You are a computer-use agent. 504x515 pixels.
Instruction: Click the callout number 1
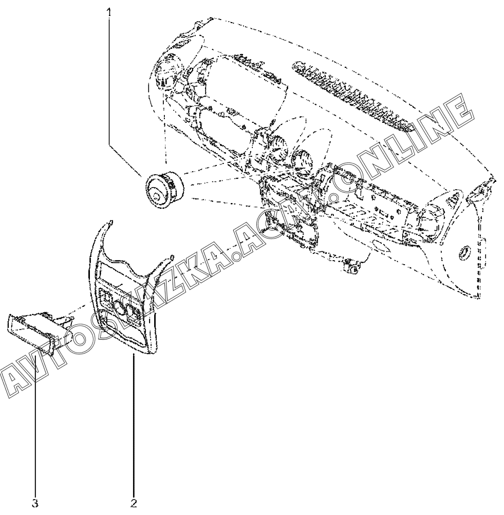[x=108, y=11]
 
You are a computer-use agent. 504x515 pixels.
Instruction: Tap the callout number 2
[x=134, y=503]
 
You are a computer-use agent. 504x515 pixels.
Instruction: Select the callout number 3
[x=35, y=503]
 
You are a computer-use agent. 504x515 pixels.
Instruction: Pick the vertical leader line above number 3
[x=35, y=421]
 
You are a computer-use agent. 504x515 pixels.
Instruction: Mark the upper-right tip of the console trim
[x=172, y=256]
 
